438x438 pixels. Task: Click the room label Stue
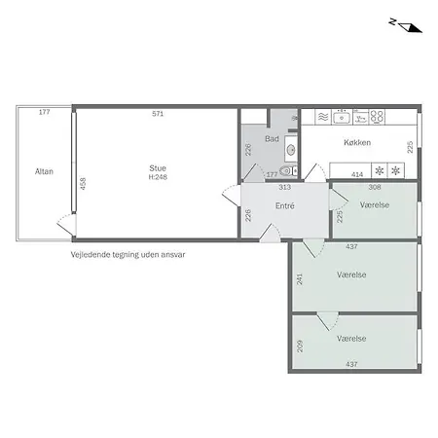coord(158,168)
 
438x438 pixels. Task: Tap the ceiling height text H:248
coord(158,177)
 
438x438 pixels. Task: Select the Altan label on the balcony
coord(44,171)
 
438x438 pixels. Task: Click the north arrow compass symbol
coord(407,26)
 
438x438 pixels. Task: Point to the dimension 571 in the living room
coord(158,114)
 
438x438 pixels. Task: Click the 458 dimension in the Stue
coord(83,184)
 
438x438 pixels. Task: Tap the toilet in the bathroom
coord(288,170)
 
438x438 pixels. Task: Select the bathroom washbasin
coord(291,149)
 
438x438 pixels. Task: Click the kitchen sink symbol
coord(342,117)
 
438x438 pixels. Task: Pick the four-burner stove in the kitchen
coord(378,117)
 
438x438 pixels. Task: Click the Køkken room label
coord(357,142)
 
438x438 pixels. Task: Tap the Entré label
coord(285,205)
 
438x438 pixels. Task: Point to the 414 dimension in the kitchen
coord(357,174)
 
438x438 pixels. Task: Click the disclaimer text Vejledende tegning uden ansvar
coord(128,255)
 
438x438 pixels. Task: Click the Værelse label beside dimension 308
coord(375,205)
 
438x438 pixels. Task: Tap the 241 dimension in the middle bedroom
coord(299,279)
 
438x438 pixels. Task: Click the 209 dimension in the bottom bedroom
coord(300,346)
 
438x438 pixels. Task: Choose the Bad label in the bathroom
coord(272,139)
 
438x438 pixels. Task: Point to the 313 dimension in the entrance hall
coord(284,187)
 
